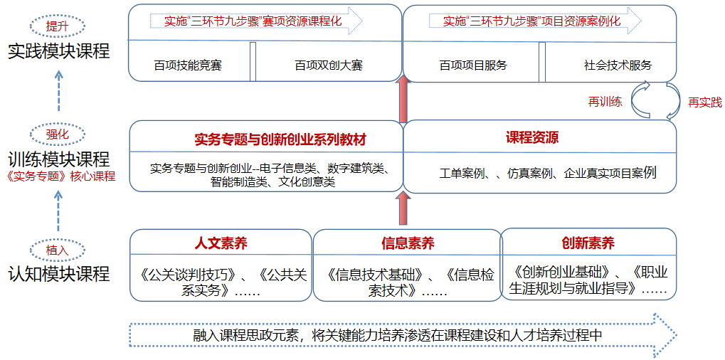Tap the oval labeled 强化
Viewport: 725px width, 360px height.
point(58,134)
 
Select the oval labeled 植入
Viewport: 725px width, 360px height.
point(58,250)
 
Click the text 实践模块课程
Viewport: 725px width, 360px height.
point(59,51)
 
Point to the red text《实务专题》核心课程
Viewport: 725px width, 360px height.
point(59,176)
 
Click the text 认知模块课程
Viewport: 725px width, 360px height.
point(59,274)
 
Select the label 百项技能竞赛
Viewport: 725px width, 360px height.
point(188,65)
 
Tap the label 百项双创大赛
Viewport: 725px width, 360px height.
point(329,65)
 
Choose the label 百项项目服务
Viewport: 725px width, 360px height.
point(473,65)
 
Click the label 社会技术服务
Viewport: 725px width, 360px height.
point(618,65)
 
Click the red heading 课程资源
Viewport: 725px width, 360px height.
point(532,137)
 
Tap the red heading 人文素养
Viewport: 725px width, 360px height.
point(221,243)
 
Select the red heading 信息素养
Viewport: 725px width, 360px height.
point(408,243)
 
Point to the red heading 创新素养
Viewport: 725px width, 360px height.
point(588,243)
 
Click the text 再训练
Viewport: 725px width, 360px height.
point(605,102)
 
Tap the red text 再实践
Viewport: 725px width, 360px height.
point(704,102)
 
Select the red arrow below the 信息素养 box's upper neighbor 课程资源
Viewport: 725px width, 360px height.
point(403,210)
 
